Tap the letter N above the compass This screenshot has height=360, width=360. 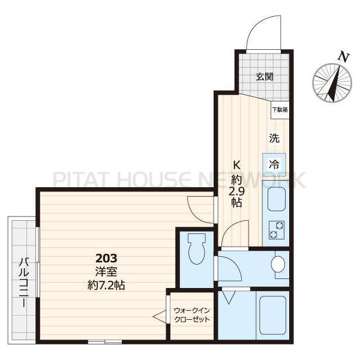pos(344,56)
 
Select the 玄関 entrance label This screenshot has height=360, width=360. pos(265,76)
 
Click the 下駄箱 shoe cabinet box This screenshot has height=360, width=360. pos(279,110)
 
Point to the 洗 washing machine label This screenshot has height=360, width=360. pos(274,137)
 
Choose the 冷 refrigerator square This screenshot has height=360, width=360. pos(274,163)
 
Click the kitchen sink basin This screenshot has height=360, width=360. pos(277,199)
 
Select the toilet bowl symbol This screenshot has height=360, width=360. pos(196,249)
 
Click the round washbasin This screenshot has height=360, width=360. pos(278,264)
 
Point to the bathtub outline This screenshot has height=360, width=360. pos(273,315)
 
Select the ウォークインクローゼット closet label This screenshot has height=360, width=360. pos(192,315)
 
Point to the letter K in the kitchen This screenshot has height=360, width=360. pos(237,166)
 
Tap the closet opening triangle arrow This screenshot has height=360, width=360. pos(160,316)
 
